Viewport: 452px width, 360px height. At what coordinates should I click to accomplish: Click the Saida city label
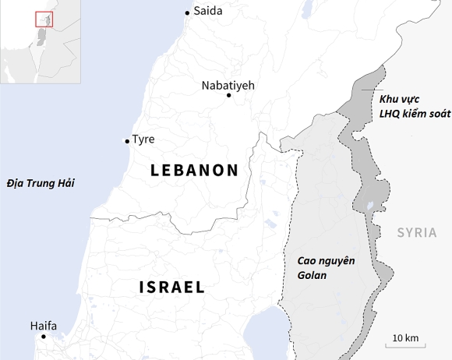[207, 12]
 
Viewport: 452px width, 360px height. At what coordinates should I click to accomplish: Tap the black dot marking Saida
[187, 12]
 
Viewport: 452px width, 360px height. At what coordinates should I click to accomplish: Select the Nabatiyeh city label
[228, 85]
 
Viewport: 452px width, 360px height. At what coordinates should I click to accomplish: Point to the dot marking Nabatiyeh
[228, 95]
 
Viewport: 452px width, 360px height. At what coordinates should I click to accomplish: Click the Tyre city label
[143, 139]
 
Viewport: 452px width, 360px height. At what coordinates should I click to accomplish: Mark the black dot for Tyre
[127, 141]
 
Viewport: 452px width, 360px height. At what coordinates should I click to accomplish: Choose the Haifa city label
[43, 326]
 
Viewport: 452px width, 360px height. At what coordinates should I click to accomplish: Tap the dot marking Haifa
[43, 337]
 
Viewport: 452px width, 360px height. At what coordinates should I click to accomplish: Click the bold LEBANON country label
[194, 170]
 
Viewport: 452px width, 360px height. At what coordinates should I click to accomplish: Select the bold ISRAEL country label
[172, 287]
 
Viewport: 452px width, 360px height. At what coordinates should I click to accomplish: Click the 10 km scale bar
[404, 343]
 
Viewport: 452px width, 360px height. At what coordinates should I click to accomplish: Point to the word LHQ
[390, 114]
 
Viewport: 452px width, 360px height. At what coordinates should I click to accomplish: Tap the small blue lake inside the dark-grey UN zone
[370, 208]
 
